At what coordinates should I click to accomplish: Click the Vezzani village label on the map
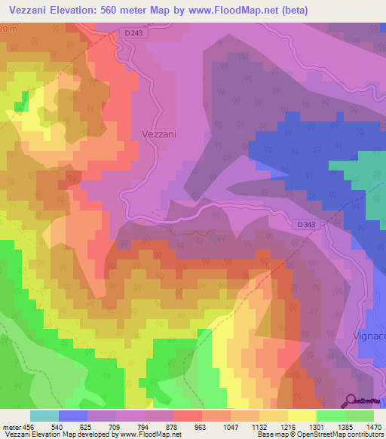click(159, 134)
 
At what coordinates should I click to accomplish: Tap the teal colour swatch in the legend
click(44, 416)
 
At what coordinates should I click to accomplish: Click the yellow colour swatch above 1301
click(302, 416)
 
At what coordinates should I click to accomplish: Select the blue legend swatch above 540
click(72, 416)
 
